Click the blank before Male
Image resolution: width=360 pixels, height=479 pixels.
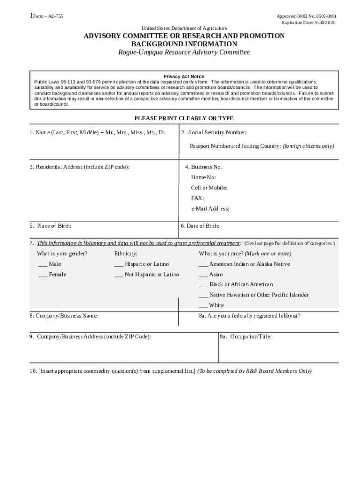click(x=43, y=265)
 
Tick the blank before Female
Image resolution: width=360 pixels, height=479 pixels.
click(x=43, y=275)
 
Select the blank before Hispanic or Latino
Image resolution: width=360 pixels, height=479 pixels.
click(x=119, y=265)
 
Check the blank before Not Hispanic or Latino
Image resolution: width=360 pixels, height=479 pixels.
click(x=119, y=275)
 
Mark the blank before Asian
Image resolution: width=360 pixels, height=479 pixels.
click(x=203, y=275)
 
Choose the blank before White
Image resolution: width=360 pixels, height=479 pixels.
click(x=203, y=306)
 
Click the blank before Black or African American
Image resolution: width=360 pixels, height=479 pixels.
click(x=203, y=285)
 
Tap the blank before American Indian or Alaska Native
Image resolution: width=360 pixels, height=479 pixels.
click(x=203, y=265)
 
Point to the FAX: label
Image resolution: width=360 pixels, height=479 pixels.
click(x=197, y=198)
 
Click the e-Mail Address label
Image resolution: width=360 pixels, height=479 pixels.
click(x=210, y=209)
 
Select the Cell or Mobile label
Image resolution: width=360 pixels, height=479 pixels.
click(x=209, y=188)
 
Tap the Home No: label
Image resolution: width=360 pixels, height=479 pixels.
click(x=203, y=178)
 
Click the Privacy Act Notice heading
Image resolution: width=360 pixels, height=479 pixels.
click(x=184, y=76)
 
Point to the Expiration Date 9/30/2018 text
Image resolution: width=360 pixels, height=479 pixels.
click(x=309, y=22)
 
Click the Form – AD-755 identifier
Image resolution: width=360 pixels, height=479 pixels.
click(x=47, y=16)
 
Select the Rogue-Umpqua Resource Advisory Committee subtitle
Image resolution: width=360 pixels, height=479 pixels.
click(x=184, y=52)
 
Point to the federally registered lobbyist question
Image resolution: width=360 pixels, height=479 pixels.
click(x=250, y=316)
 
